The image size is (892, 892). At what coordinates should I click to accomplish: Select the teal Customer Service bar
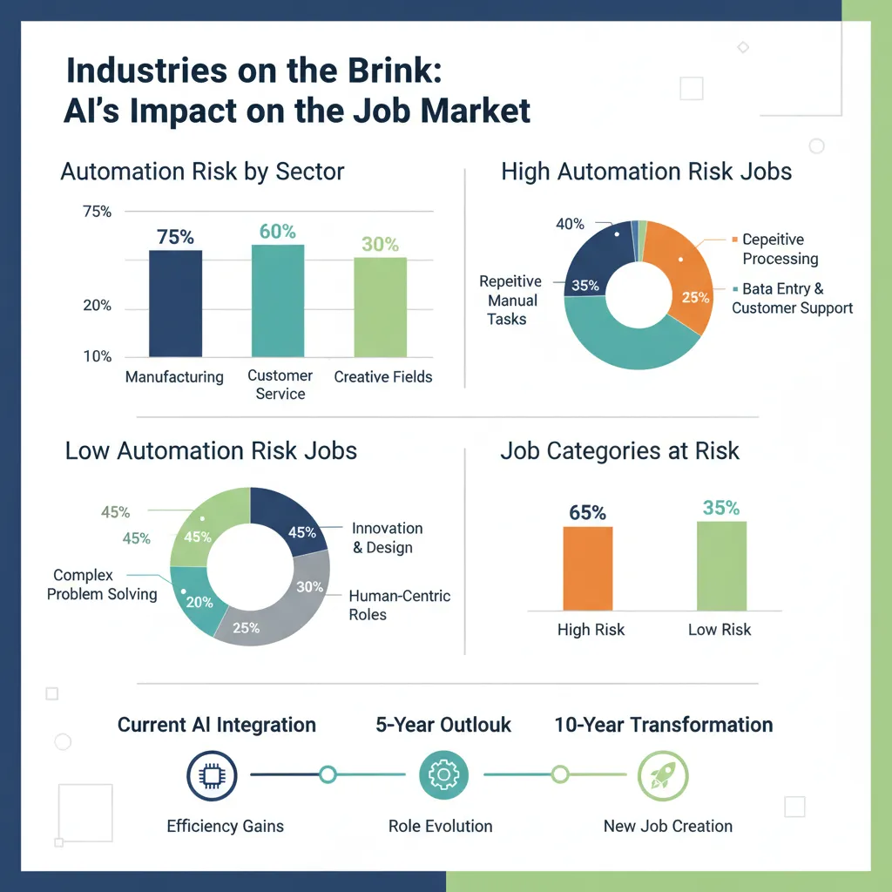278,301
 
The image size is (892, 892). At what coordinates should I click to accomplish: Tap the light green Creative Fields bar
380,307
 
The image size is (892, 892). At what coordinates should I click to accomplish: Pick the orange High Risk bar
588,568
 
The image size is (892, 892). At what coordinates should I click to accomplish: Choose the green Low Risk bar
721,565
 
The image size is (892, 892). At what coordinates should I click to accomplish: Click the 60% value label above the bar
278,232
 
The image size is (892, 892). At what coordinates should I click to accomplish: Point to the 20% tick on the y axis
96,306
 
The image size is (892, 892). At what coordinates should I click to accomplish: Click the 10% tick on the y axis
96,356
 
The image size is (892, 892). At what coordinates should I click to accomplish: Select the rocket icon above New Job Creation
663,774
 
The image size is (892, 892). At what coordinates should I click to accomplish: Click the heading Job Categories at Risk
619,451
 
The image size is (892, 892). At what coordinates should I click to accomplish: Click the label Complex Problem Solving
102,585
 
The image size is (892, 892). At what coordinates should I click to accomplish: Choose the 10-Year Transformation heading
663,725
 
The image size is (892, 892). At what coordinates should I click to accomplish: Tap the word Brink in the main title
383,71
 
